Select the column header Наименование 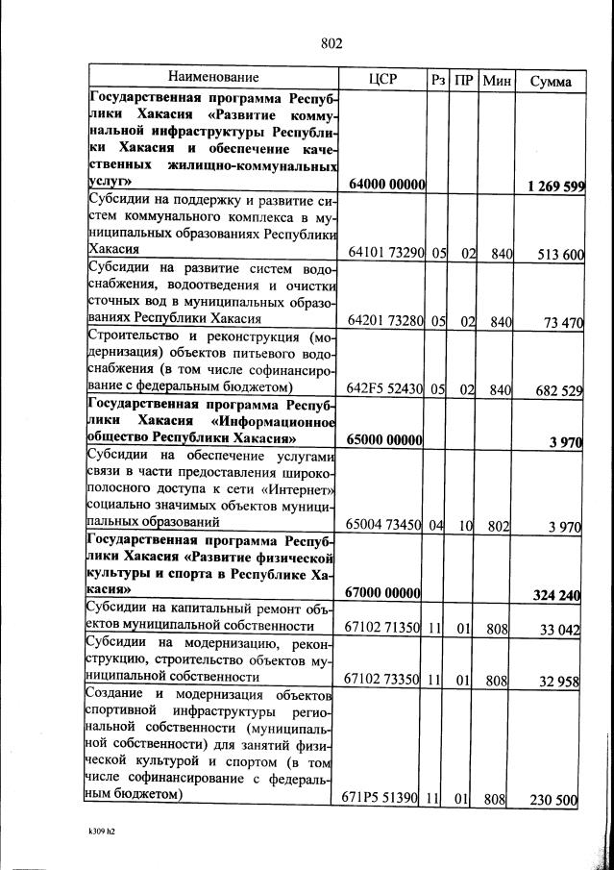coord(213,77)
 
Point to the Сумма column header coord(550,80)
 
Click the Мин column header coord(496,79)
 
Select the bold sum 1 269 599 coord(550,186)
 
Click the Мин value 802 coord(497,525)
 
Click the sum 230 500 coord(553,799)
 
